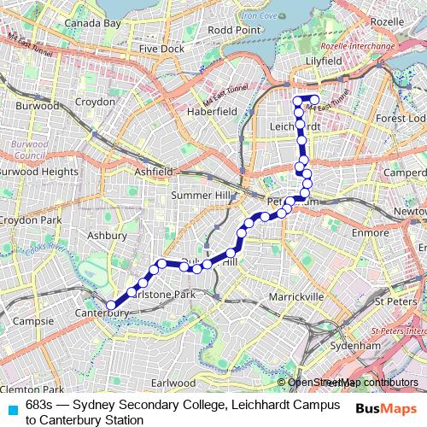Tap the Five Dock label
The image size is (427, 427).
(161, 50)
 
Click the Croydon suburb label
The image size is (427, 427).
(96, 102)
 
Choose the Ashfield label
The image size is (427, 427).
(154, 172)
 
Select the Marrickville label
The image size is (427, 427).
(296, 296)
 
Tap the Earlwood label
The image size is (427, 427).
(172, 383)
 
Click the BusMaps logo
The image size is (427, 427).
(385, 410)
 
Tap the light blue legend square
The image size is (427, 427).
(10, 408)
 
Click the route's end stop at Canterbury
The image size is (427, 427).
(109, 304)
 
